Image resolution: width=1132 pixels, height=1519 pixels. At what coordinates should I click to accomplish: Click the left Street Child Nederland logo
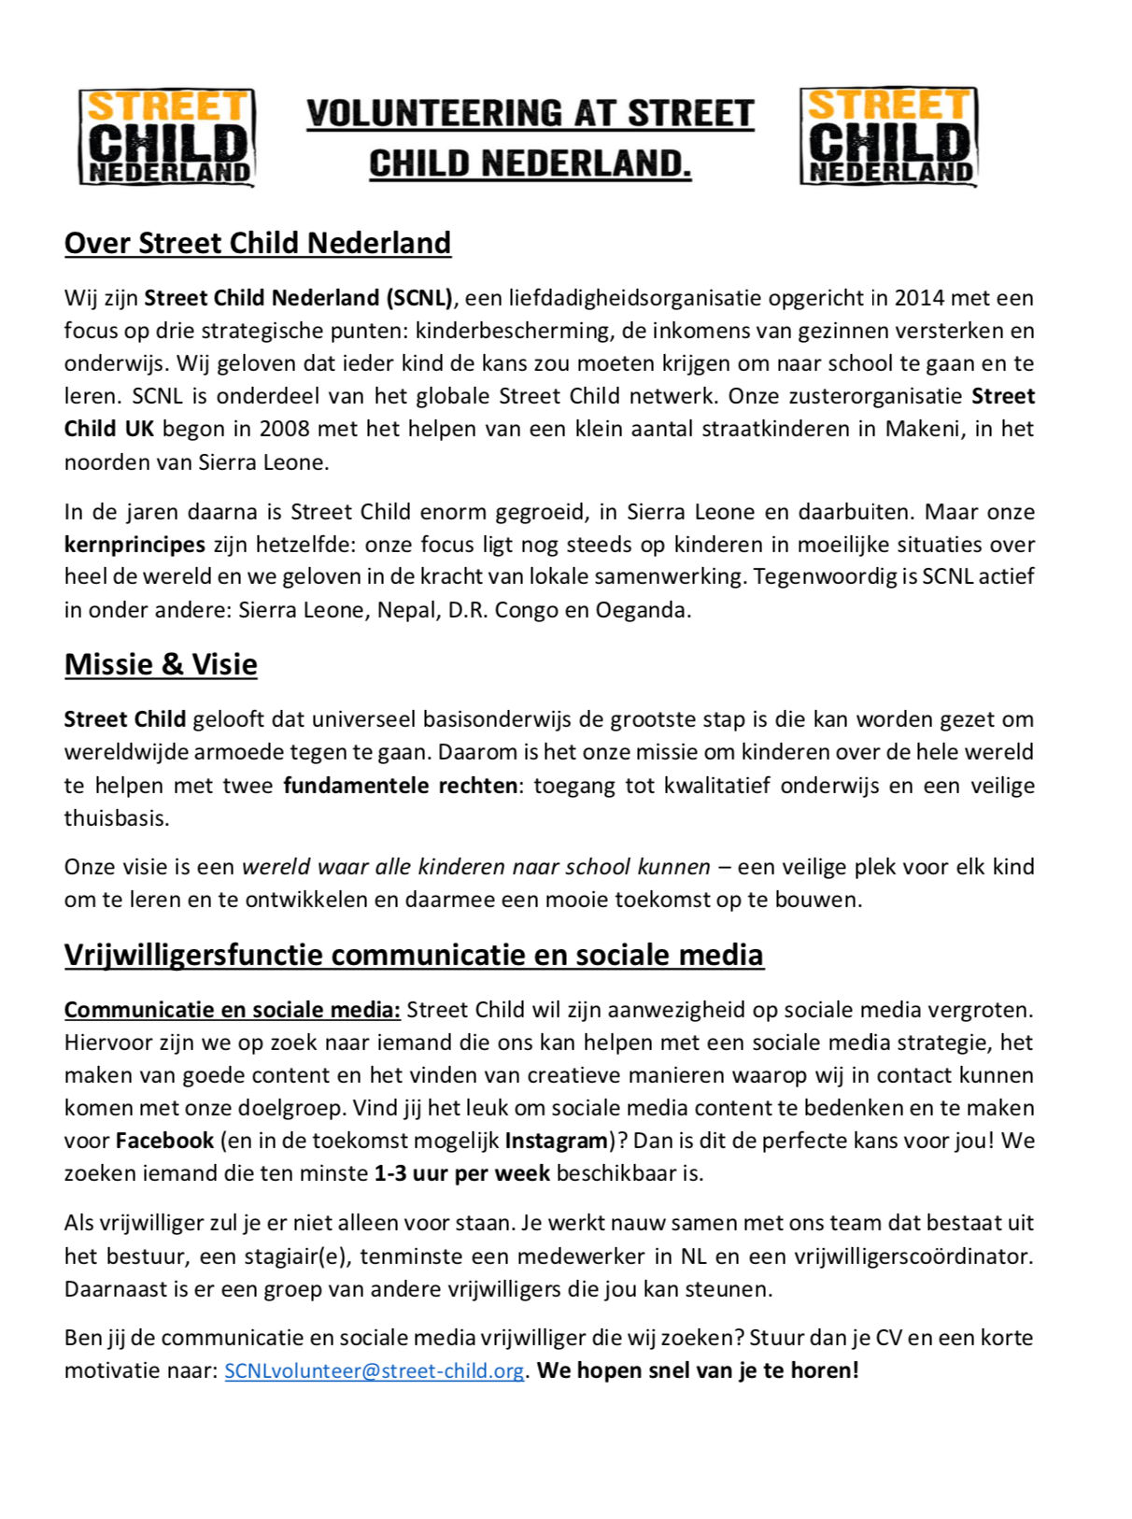(166, 137)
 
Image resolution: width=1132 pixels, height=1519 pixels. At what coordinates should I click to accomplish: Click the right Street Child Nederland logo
(888, 136)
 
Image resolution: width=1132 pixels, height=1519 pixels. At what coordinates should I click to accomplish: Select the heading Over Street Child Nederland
(258, 243)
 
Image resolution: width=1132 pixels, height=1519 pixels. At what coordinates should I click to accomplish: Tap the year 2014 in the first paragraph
(919, 298)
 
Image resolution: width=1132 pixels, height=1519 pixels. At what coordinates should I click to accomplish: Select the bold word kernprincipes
(134, 545)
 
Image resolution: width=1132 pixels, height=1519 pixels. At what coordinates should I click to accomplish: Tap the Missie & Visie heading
(161, 664)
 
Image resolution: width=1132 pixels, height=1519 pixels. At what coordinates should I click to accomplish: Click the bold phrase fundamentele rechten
(401, 786)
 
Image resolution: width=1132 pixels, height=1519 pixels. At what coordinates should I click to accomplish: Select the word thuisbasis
(117, 818)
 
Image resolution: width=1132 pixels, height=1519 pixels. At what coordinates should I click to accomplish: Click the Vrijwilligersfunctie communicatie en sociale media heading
(414, 955)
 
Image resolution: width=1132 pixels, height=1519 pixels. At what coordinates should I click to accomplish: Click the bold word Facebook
(164, 1141)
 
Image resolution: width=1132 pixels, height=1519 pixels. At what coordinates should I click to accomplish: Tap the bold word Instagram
(557, 1141)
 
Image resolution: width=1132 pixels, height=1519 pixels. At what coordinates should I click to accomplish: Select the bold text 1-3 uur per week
(461, 1173)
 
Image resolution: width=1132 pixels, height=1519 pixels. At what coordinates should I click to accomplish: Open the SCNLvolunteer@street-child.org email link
(374, 1371)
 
